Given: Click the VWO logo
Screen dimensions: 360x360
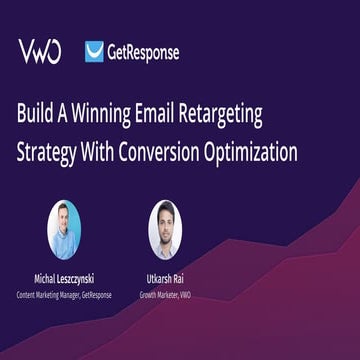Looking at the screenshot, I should tap(39, 51).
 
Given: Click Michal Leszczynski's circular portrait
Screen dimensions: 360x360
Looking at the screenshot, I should tap(64, 229).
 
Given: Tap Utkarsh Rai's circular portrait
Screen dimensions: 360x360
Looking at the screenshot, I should tap(164, 229).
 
